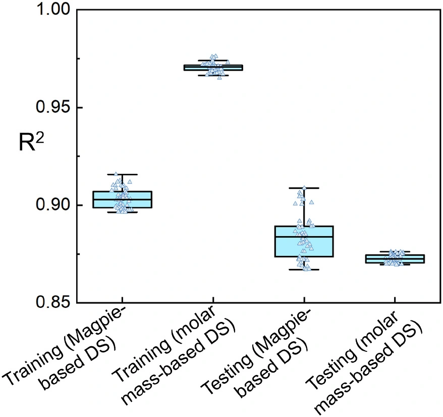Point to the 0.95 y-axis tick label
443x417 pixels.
click(x=52, y=107)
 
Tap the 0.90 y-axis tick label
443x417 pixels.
click(x=52, y=205)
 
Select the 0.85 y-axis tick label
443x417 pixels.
click(x=52, y=303)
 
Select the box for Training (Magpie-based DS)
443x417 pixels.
click(x=122, y=200)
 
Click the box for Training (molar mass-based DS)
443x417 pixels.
click(x=213, y=67)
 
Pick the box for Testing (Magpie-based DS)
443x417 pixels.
click(x=304, y=241)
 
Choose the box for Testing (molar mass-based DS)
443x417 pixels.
click(x=395, y=259)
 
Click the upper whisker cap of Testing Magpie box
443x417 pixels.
click(x=304, y=188)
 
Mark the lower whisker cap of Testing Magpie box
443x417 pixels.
click(x=304, y=269)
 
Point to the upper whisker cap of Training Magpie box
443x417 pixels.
click(x=122, y=174)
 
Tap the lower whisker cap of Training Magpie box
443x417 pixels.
click(x=122, y=212)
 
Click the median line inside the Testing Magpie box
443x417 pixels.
click(x=304, y=237)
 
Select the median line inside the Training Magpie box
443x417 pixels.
click(x=122, y=199)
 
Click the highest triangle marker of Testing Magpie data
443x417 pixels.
click(x=304, y=188)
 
